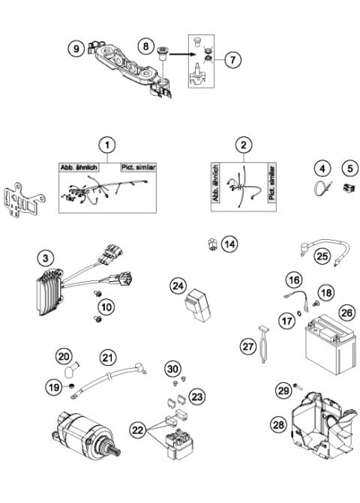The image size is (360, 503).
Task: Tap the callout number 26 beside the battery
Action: [x=325, y=310]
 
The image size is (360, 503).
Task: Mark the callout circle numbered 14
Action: [x=229, y=244]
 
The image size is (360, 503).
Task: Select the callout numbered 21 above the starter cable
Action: [x=110, y=357]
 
